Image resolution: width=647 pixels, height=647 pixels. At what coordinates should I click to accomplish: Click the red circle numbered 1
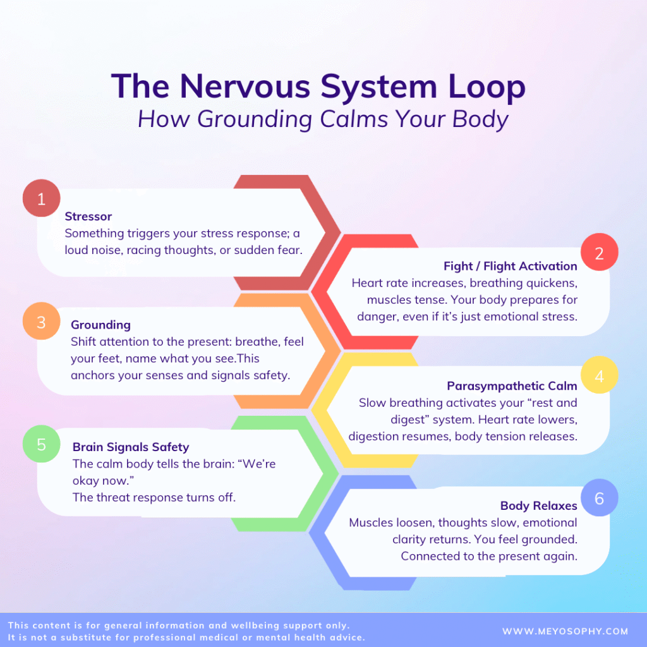[41, 199]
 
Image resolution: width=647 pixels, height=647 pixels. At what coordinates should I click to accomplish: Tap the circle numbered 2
[599, 253]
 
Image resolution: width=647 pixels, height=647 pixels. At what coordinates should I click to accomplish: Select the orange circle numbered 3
[41, 322]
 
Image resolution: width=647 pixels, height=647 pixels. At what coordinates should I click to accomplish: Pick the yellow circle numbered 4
[599, 377]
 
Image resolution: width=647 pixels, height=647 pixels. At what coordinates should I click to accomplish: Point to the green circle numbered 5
[41, 444]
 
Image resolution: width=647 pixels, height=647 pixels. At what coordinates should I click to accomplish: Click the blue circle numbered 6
[599, 499]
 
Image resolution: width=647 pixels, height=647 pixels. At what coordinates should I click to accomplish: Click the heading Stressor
[88, 217]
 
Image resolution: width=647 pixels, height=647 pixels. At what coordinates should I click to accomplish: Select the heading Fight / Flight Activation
[511, 266]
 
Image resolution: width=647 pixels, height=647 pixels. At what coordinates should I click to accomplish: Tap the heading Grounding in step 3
[100, 325]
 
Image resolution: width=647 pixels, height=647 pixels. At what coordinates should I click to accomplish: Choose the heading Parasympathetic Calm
[512, 386]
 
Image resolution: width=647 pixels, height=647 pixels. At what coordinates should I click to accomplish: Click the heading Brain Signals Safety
[131, 447]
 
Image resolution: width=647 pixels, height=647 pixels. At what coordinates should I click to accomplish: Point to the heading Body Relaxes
[538, 505]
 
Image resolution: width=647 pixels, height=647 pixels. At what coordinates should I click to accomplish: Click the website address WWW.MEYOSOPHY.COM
[565, 631]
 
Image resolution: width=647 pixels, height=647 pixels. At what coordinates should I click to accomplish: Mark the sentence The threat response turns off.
[154, 497]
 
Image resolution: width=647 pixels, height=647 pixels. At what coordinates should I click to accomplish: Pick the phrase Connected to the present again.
[488, 556]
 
